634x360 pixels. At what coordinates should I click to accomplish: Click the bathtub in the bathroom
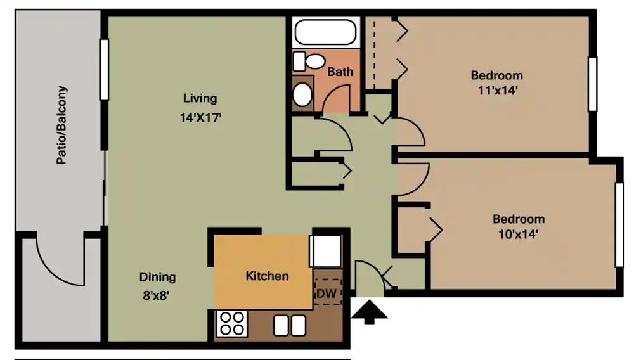coord(325,32)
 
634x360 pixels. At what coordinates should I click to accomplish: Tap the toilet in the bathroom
coord(309,61)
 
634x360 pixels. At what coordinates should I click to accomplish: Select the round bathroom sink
coord(302,94)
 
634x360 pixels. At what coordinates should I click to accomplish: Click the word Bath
coord(340,72)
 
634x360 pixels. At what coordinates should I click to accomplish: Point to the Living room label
coord(200,98)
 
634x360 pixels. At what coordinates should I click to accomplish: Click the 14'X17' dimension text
coord(200,118)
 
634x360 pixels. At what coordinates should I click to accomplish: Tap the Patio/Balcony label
coord(61,125)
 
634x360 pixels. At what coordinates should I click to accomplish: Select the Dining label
coord(158,277)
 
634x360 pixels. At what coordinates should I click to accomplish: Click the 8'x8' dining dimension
coord(156,295)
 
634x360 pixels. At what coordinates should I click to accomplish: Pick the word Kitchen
coord(268,276)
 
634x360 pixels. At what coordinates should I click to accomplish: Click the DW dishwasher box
coord(328,292)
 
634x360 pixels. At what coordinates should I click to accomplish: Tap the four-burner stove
coord(232,323)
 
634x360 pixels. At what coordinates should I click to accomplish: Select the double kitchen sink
coord(290,325)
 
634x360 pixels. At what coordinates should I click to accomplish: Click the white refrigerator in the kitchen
coord(325,251)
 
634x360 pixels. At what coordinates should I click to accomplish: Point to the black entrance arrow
coord(369,312)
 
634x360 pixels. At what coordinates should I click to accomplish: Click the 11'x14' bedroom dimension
coord(498,90)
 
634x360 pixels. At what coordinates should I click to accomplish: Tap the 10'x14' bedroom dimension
coord(519,234)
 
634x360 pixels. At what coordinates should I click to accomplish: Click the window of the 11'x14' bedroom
coord(592,84)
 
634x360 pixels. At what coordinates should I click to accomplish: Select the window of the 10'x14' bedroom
coord(619,224)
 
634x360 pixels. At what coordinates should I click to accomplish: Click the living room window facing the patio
coord(104,70)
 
